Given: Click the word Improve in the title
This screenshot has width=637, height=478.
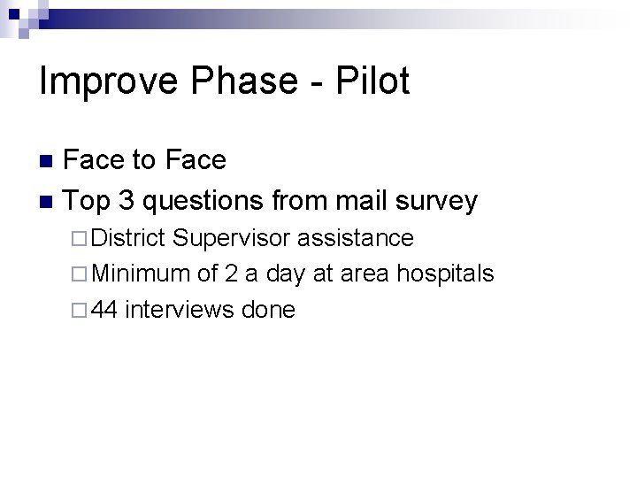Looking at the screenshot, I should click(102, 82).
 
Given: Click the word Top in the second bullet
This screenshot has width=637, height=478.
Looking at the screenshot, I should click(87, 202).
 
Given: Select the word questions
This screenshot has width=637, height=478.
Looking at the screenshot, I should click(204, 202).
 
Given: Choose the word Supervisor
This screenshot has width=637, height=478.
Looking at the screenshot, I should click(236, 239).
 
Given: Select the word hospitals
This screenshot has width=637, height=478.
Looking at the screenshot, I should click(445, 275).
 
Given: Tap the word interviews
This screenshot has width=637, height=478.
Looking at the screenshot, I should click(181, 311).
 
